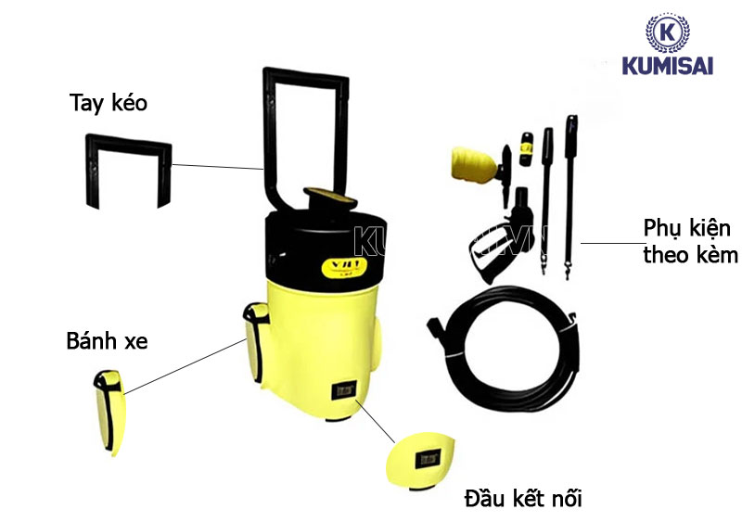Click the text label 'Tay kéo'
click(108, 102)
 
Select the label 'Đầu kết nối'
click(522, 501)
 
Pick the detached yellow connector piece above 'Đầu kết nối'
click(425, 457)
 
